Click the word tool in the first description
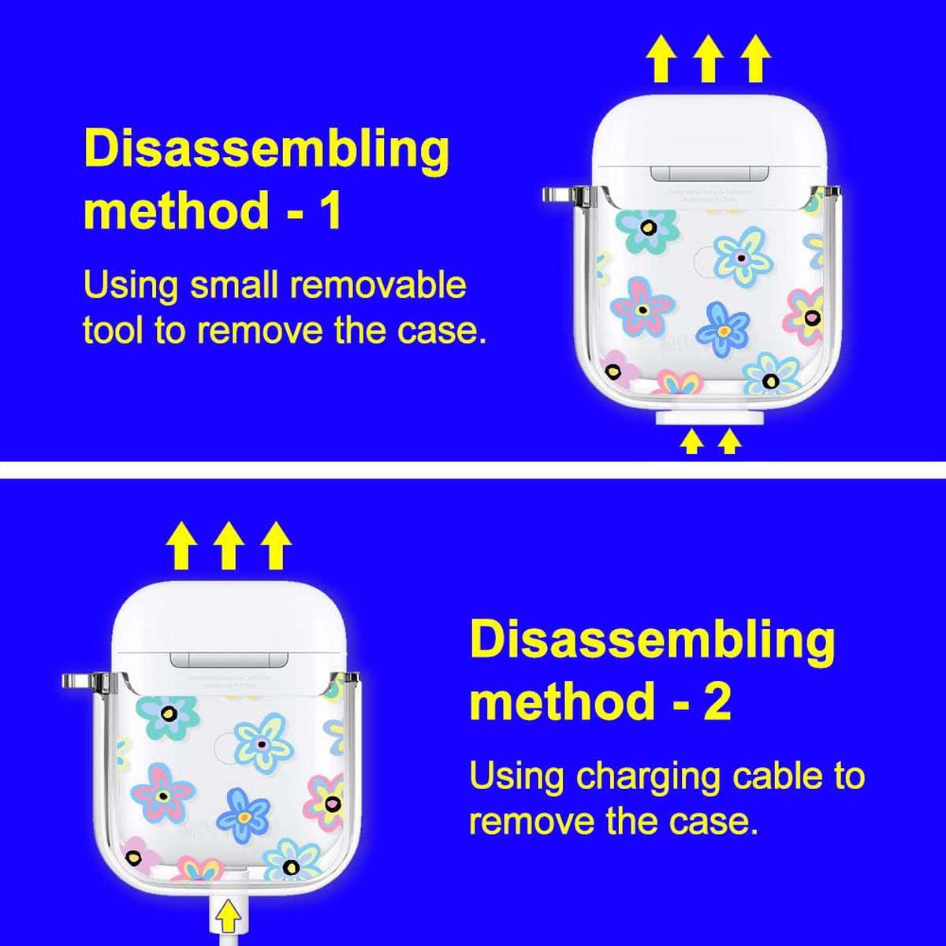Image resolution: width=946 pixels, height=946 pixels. pyautogui.click(x=114, y=330)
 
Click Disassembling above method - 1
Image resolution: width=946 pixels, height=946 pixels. pyautogui.click(x=266, y=150)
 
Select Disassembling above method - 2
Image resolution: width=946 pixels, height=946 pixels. pyautogui.click(x=652, y=640)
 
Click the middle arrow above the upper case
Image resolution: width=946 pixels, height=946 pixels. pyautogui.click(x=708, y=60)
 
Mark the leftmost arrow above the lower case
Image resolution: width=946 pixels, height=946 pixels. pyautogui.click(x=181, y=546)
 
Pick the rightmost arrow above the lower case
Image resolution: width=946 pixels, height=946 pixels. pyautogui.click(x=275, y=546)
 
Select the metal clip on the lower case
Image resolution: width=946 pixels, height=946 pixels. pyautogui.click(x=79, y=680)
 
